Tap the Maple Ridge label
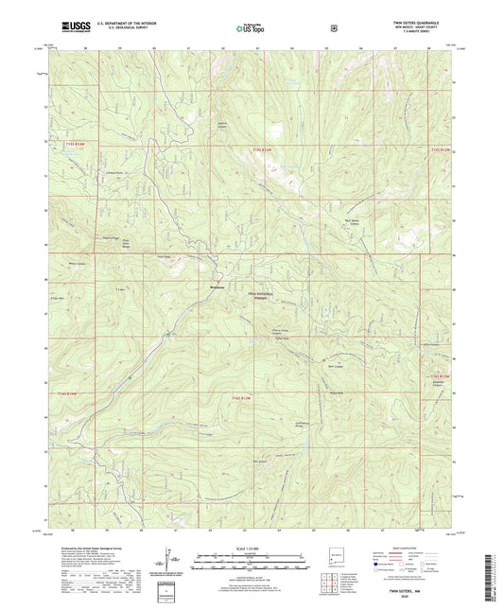click(110, 237)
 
